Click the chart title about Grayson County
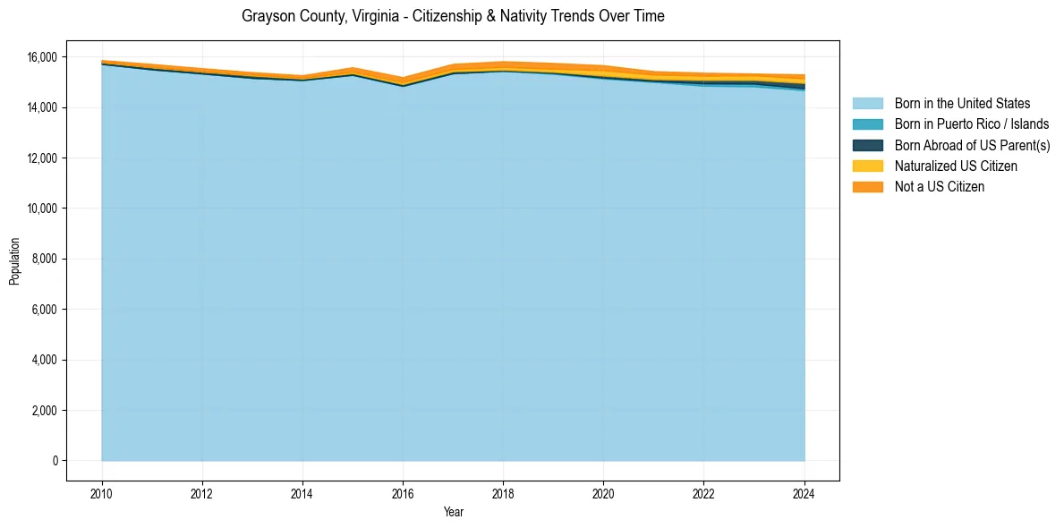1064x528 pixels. tap(453, 16)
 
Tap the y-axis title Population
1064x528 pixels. tap(14, 261)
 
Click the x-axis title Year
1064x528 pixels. tap(453, 512)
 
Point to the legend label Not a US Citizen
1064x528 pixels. tap(940, 187)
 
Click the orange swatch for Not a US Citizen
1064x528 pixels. tap(867, 187)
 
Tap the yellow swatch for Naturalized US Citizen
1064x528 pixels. tap(867, 166)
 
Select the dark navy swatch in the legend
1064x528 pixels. tap(867, 145)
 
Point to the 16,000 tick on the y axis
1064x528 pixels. tap(42, 57)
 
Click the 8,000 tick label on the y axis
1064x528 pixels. tap(45, 260)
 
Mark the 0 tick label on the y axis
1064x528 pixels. tap(54, 461)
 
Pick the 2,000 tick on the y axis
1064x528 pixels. tap(45, 411)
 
